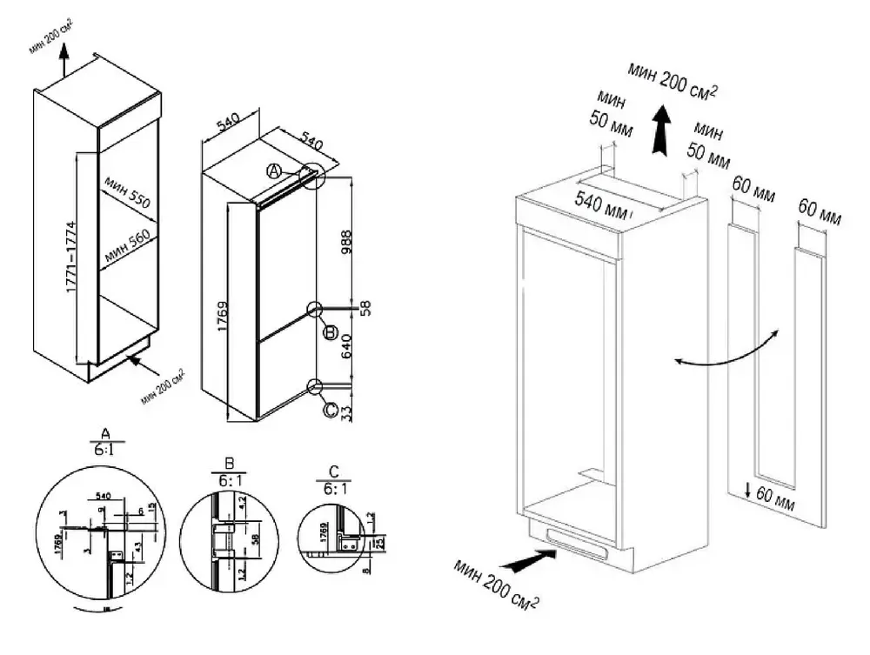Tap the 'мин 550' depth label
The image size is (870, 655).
[x=128, y=192]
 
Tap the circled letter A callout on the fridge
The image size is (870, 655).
[x=273, y=170]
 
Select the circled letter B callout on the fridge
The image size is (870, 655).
[x=330, y=333]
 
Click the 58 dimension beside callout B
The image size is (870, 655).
[x=365, y=308]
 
